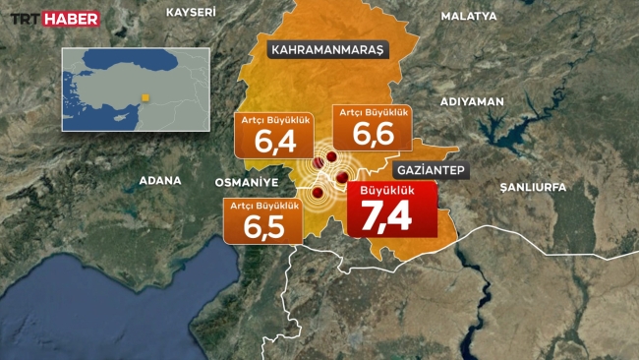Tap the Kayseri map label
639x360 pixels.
tap(191, 11)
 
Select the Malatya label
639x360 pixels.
tap(470, 16)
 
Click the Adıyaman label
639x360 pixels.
tap(472, 101)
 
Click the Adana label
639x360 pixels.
tap(160, 180)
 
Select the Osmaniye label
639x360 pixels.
tap(248, 183)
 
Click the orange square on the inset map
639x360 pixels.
tap(145, 96)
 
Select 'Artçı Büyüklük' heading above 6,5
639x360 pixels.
tap(262, 205)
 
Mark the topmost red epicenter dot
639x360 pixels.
tap(332, 157)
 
